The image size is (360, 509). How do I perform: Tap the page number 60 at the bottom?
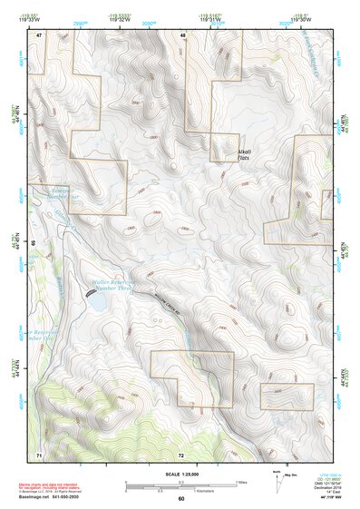(180, 499)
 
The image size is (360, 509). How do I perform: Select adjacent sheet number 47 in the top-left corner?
(39, 34)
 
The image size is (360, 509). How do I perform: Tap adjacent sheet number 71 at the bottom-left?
(38, 453)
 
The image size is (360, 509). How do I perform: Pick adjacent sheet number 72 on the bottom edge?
(181, 454)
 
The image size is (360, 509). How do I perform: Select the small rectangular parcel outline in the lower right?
(287, 396)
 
